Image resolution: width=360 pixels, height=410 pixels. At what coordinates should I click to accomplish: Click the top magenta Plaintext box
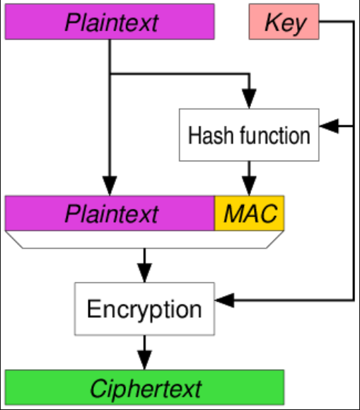pyautogui.click(x=110, y=21)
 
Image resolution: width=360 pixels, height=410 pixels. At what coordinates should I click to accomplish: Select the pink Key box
pyautogui.click(x=284, y=22)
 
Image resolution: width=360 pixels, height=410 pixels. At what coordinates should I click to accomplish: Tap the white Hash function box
pyautogui.click(x=249, y=135)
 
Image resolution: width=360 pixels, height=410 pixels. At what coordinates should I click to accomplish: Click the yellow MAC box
pyautogui.click(x=249, y=213)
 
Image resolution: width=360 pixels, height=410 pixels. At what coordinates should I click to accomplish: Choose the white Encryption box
pyautogui.click(x=144, y=309)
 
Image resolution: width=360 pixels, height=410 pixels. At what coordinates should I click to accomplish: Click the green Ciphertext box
pyautogui.click(x=144, y=387)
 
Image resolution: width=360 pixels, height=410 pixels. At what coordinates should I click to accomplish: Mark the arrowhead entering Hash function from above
pyautogui.click(x=249, y=101)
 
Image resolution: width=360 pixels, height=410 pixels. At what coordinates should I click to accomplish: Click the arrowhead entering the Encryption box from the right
pyautogui.click(x=225, y=302)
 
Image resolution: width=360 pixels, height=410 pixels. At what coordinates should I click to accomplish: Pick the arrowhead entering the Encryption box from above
pyautogui.click(x=144, y=274)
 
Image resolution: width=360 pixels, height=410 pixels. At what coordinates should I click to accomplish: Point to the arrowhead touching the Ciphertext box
pyautogui.click(x=144, y=360)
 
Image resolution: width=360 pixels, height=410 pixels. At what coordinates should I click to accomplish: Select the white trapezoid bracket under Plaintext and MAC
pyautogui.click(x=144, y=239)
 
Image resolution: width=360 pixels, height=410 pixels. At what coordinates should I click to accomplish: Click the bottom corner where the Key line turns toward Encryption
pyautogui.click(x=353, y=302)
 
